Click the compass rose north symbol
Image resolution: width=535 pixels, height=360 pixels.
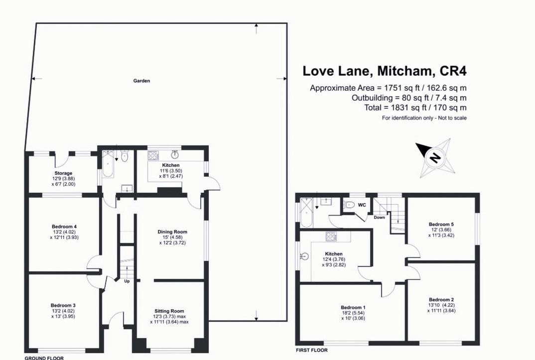(434, 158)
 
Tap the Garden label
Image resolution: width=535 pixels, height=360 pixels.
(141, 81)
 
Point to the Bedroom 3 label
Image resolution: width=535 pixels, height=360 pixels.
(63, 305)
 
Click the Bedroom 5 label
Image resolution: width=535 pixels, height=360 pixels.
(441, 224)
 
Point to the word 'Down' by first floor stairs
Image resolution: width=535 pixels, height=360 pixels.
(380, 217)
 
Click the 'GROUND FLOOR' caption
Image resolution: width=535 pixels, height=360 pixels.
(44, 358)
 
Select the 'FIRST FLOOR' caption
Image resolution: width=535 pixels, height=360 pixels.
(312, 350)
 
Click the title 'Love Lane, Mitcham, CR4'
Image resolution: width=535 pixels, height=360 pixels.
(385, 71)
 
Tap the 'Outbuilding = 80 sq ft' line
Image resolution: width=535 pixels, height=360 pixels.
(408, 98)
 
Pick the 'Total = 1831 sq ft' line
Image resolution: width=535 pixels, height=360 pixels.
(415, 108)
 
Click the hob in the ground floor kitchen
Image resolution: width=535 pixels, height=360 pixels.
(153, 156)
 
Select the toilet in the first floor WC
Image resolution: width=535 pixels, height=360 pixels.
(350, 205)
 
